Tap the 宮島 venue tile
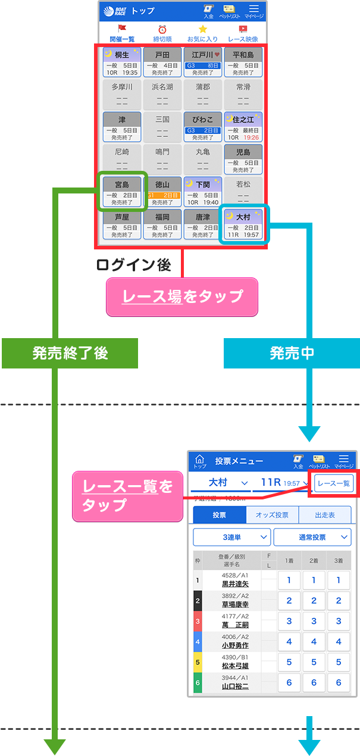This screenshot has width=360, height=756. [x=122, y=190]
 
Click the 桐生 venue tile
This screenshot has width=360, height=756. [x=122, y=62]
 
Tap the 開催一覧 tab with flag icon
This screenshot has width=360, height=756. [x=121, y=33]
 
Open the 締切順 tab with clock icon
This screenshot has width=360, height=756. [x=162, y=33]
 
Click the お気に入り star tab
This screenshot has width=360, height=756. [x=203, y=33]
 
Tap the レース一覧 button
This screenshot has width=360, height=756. [x=334, y=483]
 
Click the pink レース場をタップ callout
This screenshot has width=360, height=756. [x=182, y=296]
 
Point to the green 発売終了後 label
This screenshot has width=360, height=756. [x=70, y=353]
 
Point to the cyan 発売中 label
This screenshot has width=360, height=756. [x=292, y=353]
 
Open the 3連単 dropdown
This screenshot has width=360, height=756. [x=231, y=537]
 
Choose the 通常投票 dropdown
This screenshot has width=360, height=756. [x=312, y=537]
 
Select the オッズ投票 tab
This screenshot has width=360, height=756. [x=272, y=515]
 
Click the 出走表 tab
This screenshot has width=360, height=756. [x=324, y=515]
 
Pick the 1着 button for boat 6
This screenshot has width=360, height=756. [x=289, y=682]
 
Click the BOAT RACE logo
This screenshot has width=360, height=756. [x=115, y=11]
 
